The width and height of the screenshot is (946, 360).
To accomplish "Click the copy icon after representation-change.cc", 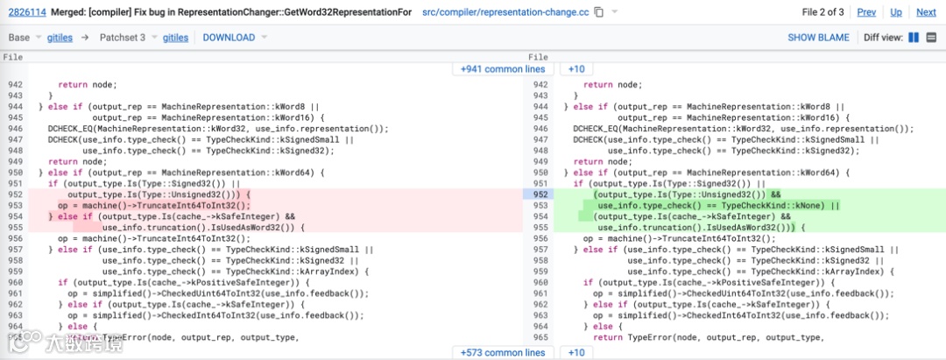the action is point(599,12).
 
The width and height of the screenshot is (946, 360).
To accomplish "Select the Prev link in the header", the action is point(866,12).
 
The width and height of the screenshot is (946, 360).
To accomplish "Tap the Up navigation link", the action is point(896,12).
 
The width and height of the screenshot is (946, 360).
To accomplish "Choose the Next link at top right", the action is point(926,12).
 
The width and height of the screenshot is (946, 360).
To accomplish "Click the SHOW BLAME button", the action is point(818,38).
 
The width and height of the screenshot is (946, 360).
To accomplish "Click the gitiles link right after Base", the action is point(60,38).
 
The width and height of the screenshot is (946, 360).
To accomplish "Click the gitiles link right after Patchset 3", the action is point(175,38).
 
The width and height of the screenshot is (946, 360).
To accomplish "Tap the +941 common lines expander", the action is point(503,68).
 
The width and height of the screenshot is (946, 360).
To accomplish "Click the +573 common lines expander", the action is point(503,352).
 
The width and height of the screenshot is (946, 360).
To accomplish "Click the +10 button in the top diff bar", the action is point(575,68).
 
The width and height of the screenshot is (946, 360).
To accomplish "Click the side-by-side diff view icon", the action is point(914,38).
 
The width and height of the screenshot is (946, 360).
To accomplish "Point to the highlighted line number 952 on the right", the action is point(540,194).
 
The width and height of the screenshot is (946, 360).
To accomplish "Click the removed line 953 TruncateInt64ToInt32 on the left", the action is point(166,206).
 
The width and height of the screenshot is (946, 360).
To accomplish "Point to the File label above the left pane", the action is point(13,57).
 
